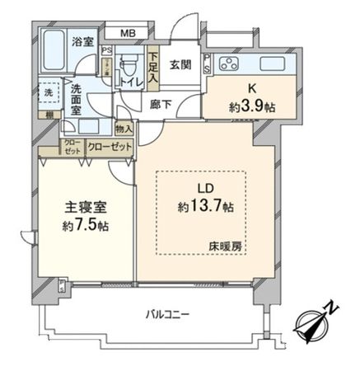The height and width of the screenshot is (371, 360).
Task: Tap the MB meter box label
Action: (129, 34)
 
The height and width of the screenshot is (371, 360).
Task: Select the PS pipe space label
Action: (105, 50)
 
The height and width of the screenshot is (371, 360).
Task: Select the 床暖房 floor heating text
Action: (235, 246)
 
